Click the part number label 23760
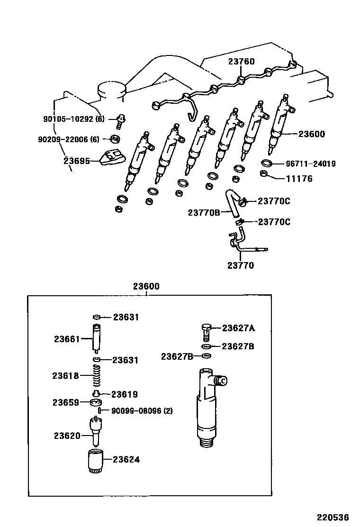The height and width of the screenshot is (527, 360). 241,62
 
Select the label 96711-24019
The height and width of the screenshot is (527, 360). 311,164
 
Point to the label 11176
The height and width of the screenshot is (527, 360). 299,179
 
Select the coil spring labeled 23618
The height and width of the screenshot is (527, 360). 97,376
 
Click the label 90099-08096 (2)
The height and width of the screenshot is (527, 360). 142,411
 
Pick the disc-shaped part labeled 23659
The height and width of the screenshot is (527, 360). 96,403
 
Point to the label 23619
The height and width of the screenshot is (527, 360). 125,394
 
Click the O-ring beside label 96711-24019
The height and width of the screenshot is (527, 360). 267,164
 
